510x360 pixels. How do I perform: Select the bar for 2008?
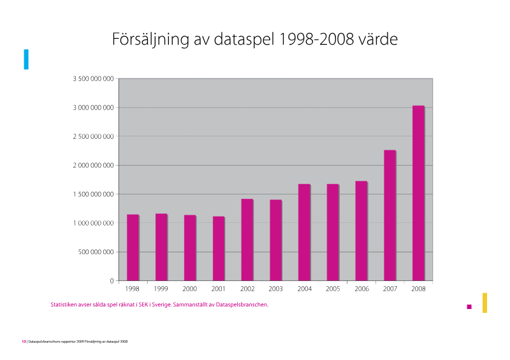(x=418, y=193)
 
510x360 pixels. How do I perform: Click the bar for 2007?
(x=390, y=215)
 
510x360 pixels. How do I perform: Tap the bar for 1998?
(x=133, y=247)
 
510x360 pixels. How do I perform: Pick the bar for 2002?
(x=247, y=240)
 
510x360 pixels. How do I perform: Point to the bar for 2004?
(x=304, y=232)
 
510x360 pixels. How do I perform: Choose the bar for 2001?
(x=219, y=248)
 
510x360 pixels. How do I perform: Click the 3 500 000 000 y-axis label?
(x=93, y=79)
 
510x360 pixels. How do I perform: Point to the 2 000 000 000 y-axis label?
(x=93, y=166)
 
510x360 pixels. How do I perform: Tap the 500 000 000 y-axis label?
(x=96, y=252)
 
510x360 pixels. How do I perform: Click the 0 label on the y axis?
(x=112, y=281)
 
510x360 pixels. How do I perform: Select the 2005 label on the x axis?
(x=333, y=289)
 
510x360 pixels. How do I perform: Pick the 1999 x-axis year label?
(x=161, y=289)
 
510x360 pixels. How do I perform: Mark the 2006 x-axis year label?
(x=361, y=289)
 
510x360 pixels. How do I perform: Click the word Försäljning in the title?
(x=150, y=40)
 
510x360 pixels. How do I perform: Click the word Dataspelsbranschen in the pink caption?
(x=242, y=305)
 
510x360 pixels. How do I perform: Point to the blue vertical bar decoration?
(x=26, y=59)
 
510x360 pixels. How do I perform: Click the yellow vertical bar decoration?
(x=484, y=303)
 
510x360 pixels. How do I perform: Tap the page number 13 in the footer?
(x=24, y=342)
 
